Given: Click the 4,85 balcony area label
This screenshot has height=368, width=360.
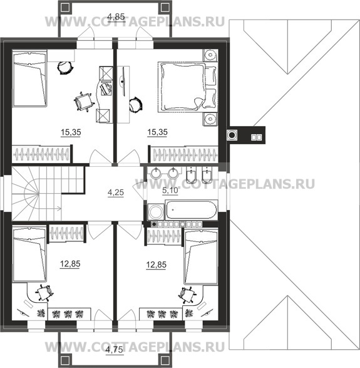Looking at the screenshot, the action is click(x=116, y=17).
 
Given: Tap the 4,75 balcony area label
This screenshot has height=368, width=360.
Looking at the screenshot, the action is click(x=114, y=350).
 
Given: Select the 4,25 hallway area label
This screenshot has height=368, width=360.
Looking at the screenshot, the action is click(x=116, y=192).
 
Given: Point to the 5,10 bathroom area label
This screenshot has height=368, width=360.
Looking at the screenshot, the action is click(x=170, y=191).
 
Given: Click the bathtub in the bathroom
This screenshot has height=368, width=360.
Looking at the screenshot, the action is click(x=192, y=209).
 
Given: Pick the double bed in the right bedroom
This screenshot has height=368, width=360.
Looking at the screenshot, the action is click(x=187, y=87).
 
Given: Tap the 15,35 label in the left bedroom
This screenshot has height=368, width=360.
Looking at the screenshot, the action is click(x=71, y=132).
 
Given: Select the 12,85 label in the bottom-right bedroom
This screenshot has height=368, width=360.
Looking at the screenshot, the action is click(x=156, y=265).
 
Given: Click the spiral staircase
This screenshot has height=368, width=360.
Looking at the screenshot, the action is click(x=36, y=193).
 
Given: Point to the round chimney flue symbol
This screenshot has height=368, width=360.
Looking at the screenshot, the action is click(x=232, y=135).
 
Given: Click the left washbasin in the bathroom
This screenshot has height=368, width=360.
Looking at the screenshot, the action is click(x=155, y=174).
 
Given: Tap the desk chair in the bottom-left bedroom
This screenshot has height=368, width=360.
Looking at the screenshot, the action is click(x=44, y=293).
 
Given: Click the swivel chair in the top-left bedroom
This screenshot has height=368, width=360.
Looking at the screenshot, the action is click(x=83, y=102).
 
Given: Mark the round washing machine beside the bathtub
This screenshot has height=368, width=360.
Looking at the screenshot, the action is click(x=156, y=212).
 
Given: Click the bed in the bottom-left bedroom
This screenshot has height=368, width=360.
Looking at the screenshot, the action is click(x=29, y=254).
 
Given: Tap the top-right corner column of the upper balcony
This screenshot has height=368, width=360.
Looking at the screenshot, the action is click(x=166, y=8).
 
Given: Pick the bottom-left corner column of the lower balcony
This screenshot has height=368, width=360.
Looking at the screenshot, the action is click(x=64, y=360).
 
